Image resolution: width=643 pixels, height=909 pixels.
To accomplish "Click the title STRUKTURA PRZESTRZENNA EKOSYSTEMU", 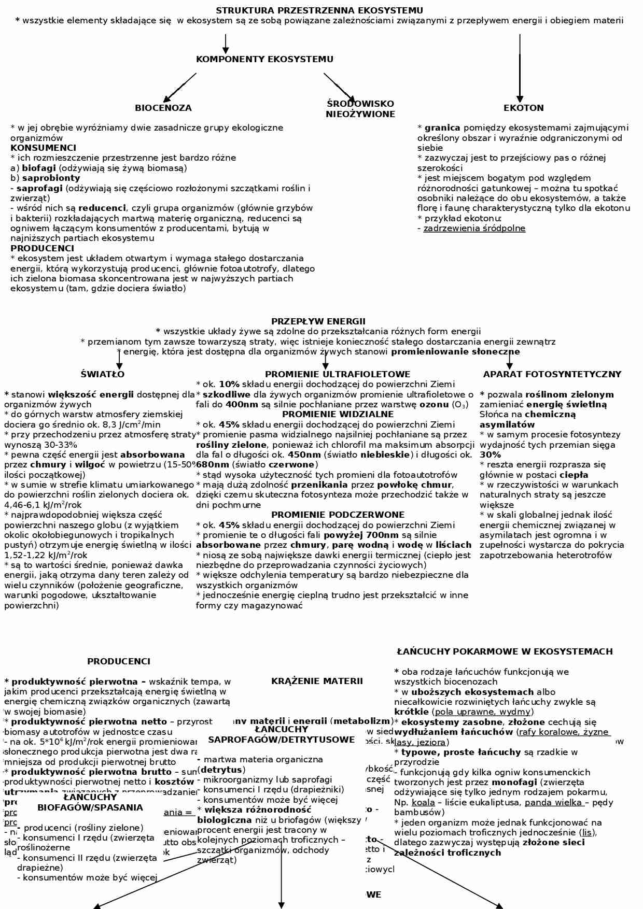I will click(319, 10).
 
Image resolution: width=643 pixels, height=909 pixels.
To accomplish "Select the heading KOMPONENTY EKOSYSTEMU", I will click(264, 59).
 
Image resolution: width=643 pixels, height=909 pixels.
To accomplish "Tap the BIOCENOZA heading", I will click(163, 108).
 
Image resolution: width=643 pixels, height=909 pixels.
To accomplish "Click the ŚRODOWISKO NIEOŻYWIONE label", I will click(360, 109).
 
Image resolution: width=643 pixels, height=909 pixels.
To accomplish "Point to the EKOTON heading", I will click(523, 108).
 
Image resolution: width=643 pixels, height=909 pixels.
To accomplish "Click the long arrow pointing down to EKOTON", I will click(520, 67).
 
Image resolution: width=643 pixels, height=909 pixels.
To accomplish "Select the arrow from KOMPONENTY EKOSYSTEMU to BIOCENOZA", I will click(179, 88).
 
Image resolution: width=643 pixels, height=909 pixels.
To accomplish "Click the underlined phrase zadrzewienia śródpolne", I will click(474, 228).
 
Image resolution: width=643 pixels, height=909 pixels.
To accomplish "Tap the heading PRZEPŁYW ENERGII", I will click(318, 321).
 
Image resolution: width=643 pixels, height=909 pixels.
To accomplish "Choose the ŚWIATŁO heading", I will click(102, 374).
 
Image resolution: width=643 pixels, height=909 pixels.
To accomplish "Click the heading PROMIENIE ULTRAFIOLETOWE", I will click(337, 374).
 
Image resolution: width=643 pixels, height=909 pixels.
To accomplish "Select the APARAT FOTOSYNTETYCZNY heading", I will click(552, 374).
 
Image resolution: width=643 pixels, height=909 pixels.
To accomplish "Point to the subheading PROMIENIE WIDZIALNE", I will click(338, 414).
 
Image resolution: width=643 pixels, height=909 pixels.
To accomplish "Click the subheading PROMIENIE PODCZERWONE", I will click(338, 515).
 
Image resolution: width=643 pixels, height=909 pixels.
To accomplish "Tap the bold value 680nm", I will click(213, 464).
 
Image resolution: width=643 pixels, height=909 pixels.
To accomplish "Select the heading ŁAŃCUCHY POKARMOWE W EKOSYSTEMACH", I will click(505, 651).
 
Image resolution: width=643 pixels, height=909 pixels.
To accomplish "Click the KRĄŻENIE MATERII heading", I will click(317, 681).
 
